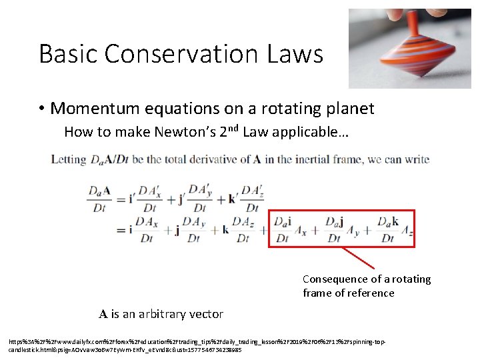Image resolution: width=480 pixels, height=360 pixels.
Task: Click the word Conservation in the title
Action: pos(189,53)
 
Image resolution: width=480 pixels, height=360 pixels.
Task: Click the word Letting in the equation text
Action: pos(69,160)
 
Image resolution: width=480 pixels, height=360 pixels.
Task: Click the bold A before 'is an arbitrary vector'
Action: pos(103,314)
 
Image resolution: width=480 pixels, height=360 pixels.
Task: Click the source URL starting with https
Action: pos(193,345)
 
